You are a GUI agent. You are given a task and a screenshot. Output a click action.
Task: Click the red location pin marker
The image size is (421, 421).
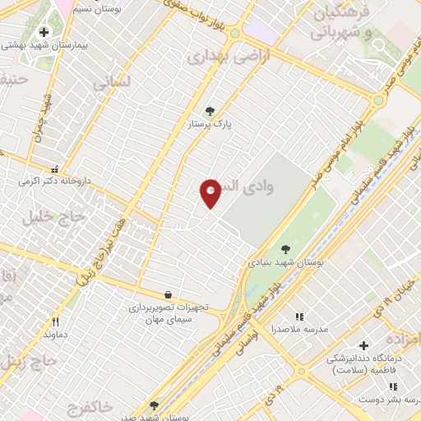coord(210,193)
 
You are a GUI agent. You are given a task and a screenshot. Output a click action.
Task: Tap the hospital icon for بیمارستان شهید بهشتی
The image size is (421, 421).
coord(44,32)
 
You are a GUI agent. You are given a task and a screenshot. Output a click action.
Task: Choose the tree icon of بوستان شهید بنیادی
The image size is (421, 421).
coord(285,249)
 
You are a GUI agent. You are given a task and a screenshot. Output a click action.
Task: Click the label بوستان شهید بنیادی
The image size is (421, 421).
coord(285,262)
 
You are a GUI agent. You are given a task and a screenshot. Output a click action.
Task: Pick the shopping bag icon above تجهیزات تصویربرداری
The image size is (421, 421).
coord(169,294)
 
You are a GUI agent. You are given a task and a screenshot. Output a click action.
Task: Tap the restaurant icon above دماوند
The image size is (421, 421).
coord(55,322)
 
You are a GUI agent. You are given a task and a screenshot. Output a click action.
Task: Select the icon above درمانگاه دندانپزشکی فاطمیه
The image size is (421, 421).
coord(363,345)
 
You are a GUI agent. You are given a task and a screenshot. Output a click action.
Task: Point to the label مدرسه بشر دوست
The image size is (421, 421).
coord(388,398)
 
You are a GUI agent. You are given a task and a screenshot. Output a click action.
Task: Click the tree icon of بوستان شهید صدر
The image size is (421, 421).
coord(154,405)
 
